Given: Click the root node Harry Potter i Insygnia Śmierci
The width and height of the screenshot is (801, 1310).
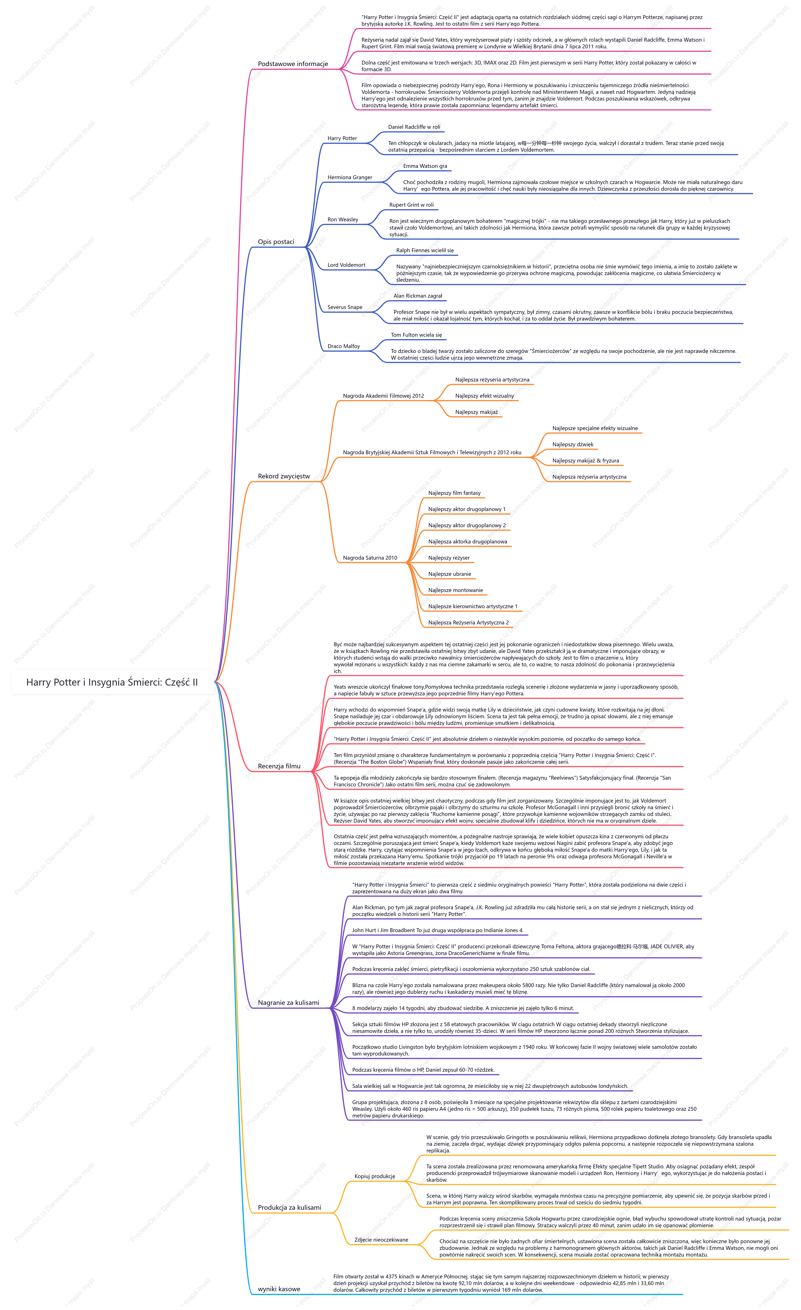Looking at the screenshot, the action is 112,682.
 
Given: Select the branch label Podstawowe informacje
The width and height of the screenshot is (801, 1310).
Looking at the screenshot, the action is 293,64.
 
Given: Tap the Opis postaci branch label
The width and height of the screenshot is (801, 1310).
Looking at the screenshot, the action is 276,242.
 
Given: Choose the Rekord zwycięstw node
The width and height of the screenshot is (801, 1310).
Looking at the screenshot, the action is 284,476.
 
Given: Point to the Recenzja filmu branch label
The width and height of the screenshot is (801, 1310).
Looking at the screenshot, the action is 279,766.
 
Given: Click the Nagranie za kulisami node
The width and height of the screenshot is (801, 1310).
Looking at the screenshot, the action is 289,1003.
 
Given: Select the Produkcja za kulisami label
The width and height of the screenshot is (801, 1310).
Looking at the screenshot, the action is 290,1207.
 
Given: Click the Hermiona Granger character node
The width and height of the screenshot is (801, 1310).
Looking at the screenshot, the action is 350,178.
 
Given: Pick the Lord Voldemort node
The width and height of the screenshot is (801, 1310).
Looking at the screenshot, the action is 347,265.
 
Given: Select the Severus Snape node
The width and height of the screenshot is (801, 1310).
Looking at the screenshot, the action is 345,307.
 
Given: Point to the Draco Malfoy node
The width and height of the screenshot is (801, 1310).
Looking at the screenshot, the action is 344,346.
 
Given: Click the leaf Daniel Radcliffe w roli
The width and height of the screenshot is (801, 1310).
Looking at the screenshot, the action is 414,127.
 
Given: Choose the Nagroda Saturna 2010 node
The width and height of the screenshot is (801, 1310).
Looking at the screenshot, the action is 370,558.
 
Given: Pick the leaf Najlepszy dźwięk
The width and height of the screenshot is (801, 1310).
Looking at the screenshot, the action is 573,444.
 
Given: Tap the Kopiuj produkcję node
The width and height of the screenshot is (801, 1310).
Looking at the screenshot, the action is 375,1176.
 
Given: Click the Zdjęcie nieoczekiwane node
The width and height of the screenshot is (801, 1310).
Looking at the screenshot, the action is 381,1240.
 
